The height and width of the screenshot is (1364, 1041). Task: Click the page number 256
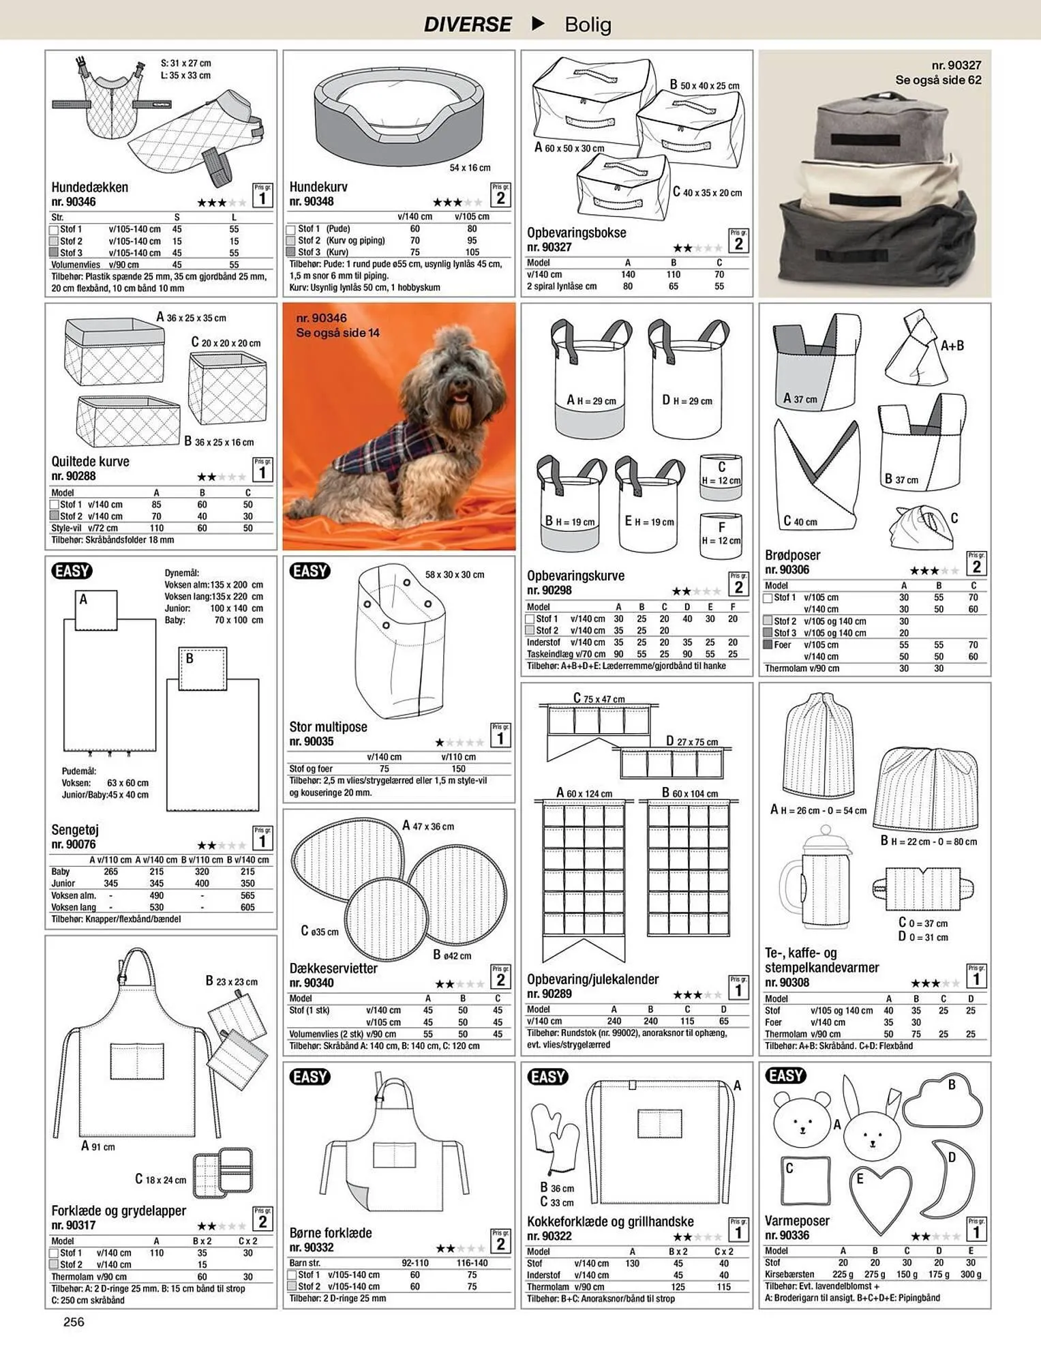[74, 1322]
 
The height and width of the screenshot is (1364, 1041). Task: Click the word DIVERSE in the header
[468, 25]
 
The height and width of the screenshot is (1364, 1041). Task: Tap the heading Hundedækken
[90, 187]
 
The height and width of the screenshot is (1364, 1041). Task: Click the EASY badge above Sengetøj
[72, 571]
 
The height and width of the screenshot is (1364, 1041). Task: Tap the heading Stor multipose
[328, 727]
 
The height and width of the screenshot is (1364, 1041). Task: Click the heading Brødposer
[792, 555]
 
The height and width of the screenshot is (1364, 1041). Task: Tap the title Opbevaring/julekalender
[593, 979]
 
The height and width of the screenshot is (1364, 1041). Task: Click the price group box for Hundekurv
[500, 195]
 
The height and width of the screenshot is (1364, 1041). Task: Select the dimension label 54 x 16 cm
[470, 168]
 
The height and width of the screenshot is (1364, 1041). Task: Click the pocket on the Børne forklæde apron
[394, 1155]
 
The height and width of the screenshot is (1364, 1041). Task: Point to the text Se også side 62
[938, 80]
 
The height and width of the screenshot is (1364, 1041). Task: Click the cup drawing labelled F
[721, 535]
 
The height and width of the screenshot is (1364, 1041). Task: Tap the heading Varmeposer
[798, 1221]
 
